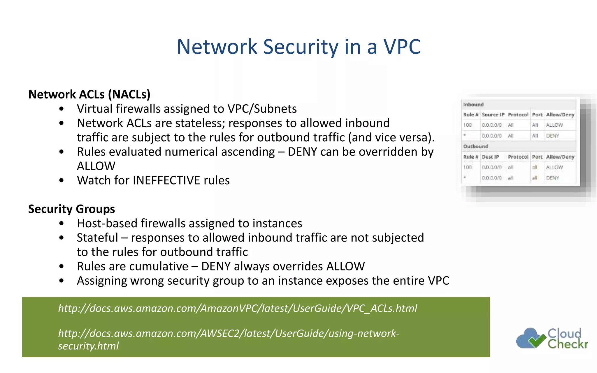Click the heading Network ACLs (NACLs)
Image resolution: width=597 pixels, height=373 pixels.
pos(89,94)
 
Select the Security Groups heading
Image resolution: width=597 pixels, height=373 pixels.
pos(71,209)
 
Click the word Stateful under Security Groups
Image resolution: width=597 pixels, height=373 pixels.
pos(97,238)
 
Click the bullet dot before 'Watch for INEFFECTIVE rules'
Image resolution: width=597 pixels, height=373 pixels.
pos(61,181)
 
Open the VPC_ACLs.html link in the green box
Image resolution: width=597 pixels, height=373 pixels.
pos(238,308)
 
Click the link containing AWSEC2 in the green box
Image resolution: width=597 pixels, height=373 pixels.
pos(229,333)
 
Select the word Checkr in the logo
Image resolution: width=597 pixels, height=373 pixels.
pos(567,344)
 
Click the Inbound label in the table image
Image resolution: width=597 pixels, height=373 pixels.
pos(473,105)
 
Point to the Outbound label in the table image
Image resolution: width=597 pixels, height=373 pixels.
pos(475,146)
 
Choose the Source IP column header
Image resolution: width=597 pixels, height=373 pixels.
pos(493,115)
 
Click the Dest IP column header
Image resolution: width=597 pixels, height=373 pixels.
pos(490,157)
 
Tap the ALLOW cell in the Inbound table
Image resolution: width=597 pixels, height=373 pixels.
pos(554,125)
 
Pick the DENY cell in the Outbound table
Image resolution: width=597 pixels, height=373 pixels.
pos(552,178)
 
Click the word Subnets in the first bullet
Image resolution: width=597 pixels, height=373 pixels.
pos(275,109)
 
